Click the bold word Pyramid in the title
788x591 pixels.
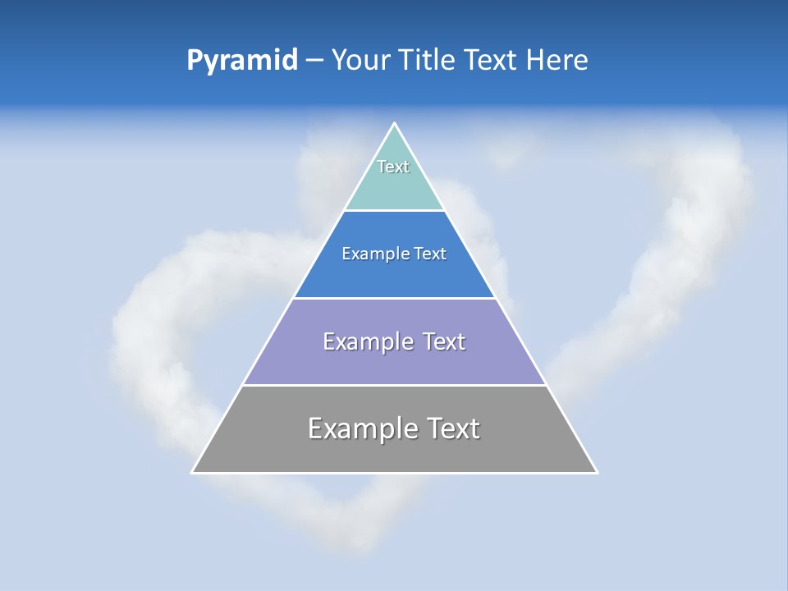[x=242, y=61]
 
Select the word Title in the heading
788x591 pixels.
[x=428, y=61]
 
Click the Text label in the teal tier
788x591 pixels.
[x=393, y=167]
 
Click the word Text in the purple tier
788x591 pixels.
[x=444, y=342]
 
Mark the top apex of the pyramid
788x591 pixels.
[x=395, y=124]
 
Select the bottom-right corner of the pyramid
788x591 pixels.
[x=597, y=472]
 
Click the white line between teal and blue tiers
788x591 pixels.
[x=394, y=210]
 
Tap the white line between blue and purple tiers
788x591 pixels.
[x=394, y=298]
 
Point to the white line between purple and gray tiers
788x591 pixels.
[x=394, y=385]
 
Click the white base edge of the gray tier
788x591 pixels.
[x=394, y=473]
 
